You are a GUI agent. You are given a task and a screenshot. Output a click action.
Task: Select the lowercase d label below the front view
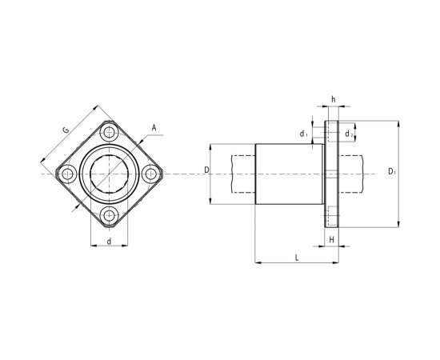click(108, 240)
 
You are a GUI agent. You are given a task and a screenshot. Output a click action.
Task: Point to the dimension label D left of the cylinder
click(206, 170)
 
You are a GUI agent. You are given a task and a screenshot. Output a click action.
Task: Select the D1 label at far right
click(392, 171)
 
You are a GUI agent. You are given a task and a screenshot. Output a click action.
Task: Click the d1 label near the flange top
click(304, 134)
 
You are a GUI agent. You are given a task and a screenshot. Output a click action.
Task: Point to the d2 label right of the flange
click(350, 134)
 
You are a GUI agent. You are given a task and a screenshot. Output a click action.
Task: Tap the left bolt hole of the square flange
click(67, 172)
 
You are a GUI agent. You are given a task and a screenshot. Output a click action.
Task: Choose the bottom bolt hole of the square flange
click(109, 214)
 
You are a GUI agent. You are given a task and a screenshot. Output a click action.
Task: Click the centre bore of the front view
click(109, 172)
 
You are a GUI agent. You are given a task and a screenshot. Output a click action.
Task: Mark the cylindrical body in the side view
click(288, 173)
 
